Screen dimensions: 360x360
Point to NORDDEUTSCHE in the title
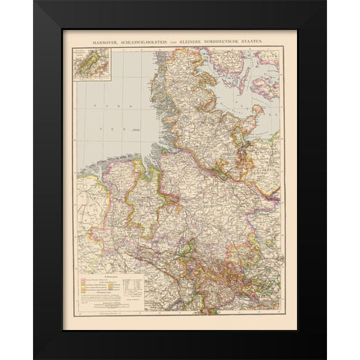234,38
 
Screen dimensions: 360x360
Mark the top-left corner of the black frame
34,1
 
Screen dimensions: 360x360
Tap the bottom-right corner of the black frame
325,358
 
